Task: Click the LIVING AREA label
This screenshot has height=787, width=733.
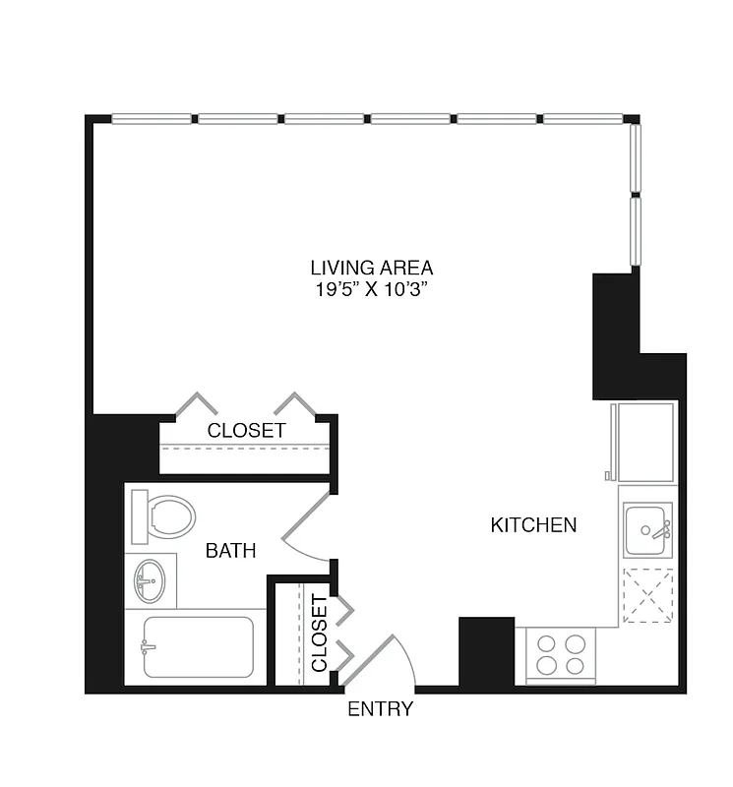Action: point(371,268)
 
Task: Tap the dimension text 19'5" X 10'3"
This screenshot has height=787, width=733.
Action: point(371,289)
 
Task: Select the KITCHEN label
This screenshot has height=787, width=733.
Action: point(533,525)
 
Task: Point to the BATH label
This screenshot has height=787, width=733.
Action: point(230,551)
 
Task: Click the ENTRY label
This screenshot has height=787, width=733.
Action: point(380,709)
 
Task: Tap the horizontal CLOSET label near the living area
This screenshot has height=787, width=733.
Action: point(246,431)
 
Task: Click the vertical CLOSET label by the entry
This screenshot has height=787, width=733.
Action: point(319,634)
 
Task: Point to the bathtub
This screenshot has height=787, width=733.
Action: point(197,646)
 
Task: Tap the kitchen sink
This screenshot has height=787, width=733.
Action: point(647,530)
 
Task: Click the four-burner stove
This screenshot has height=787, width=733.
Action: point(562,653)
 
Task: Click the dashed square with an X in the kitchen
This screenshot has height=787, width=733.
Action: point(647,596)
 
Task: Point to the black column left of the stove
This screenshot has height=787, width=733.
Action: point(486,652)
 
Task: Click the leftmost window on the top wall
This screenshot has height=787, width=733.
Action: point(153,119)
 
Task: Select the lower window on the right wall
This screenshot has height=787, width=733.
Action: point(636,231)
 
